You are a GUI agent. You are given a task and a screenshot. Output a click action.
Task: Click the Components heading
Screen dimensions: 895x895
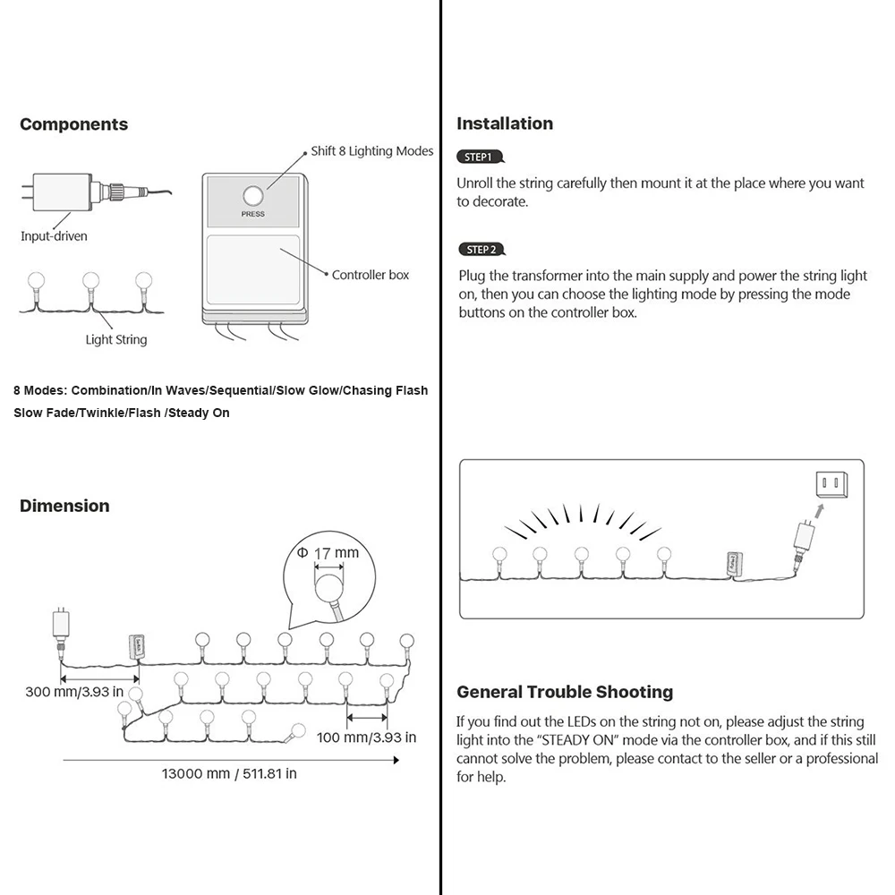tap(73, 124)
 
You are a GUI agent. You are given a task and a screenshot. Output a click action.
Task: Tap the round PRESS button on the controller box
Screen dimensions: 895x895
tap(252, 196)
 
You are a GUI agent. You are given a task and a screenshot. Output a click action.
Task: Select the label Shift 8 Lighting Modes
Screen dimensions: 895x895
tap(371, 151)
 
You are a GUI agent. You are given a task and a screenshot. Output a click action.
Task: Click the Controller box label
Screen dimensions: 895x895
tap(371, 275)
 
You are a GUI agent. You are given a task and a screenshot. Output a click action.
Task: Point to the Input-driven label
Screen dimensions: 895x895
tap(54, 236)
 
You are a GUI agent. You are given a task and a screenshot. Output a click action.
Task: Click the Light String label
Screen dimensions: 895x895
tap(116, 340)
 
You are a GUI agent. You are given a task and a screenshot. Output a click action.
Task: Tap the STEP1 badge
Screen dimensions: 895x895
tap(480, 157)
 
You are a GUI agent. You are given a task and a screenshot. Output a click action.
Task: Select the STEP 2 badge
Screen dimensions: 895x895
tap(481, 250)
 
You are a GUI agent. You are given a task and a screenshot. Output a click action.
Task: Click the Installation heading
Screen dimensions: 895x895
tap(505, 124)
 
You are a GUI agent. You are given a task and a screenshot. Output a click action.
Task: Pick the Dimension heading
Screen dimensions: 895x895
tap(64, 506)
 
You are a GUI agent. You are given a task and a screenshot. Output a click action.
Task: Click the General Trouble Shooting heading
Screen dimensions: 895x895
tap(565, 692)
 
